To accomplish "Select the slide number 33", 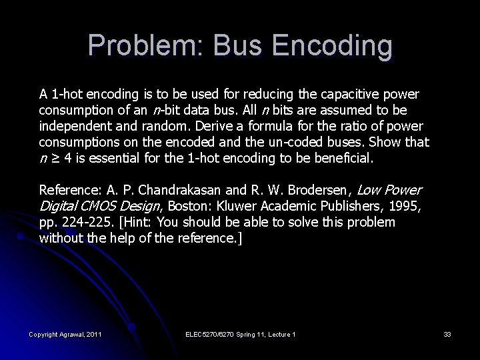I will click(x=446, y=334).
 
